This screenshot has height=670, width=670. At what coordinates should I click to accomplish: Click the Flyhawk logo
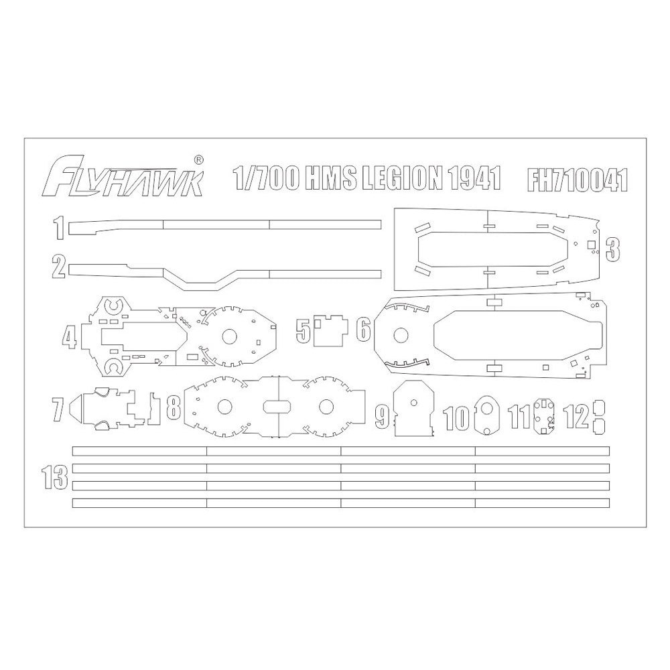[124, 178]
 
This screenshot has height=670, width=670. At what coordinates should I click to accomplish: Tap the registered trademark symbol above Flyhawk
[199, 159]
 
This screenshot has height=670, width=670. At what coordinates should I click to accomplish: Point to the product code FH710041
[578, 180]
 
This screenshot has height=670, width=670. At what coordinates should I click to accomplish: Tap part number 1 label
[59, 227]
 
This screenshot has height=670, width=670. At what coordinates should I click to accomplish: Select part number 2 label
[59, 266]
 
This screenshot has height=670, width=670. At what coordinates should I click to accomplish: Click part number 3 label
[613, 249]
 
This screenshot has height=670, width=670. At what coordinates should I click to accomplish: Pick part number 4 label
[69, 337]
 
